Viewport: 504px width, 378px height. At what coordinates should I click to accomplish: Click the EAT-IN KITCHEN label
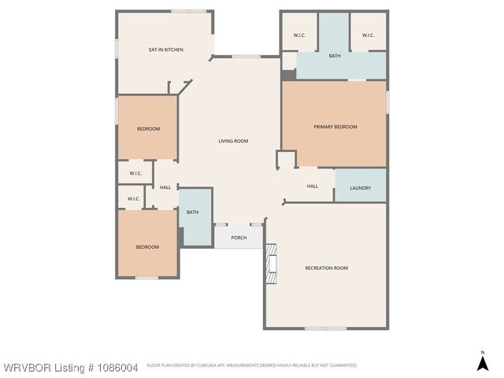point(166,50)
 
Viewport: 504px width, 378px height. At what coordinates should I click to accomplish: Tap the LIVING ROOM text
point(233,141)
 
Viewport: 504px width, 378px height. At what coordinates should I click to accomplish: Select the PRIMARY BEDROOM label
point(335,127)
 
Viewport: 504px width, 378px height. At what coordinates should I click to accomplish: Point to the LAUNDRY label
point(360,188)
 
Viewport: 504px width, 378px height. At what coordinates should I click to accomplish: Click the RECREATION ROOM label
point(326,268)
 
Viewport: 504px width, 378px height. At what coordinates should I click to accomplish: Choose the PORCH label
point(238,238)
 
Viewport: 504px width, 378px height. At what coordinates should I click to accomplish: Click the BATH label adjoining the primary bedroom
point(335,56)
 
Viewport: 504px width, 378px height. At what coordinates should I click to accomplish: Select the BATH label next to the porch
point(192,212)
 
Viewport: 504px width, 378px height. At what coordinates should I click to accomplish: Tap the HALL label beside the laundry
point(313,187)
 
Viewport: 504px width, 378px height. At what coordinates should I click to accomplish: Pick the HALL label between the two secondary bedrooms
point(165,187)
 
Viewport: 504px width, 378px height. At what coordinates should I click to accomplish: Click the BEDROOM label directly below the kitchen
point(148,129)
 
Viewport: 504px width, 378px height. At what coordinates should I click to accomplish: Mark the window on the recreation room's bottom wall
point(326,328)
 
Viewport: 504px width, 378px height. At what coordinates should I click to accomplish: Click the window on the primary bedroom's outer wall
point(387,102)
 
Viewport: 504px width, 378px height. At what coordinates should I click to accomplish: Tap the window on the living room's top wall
point(246,56)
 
